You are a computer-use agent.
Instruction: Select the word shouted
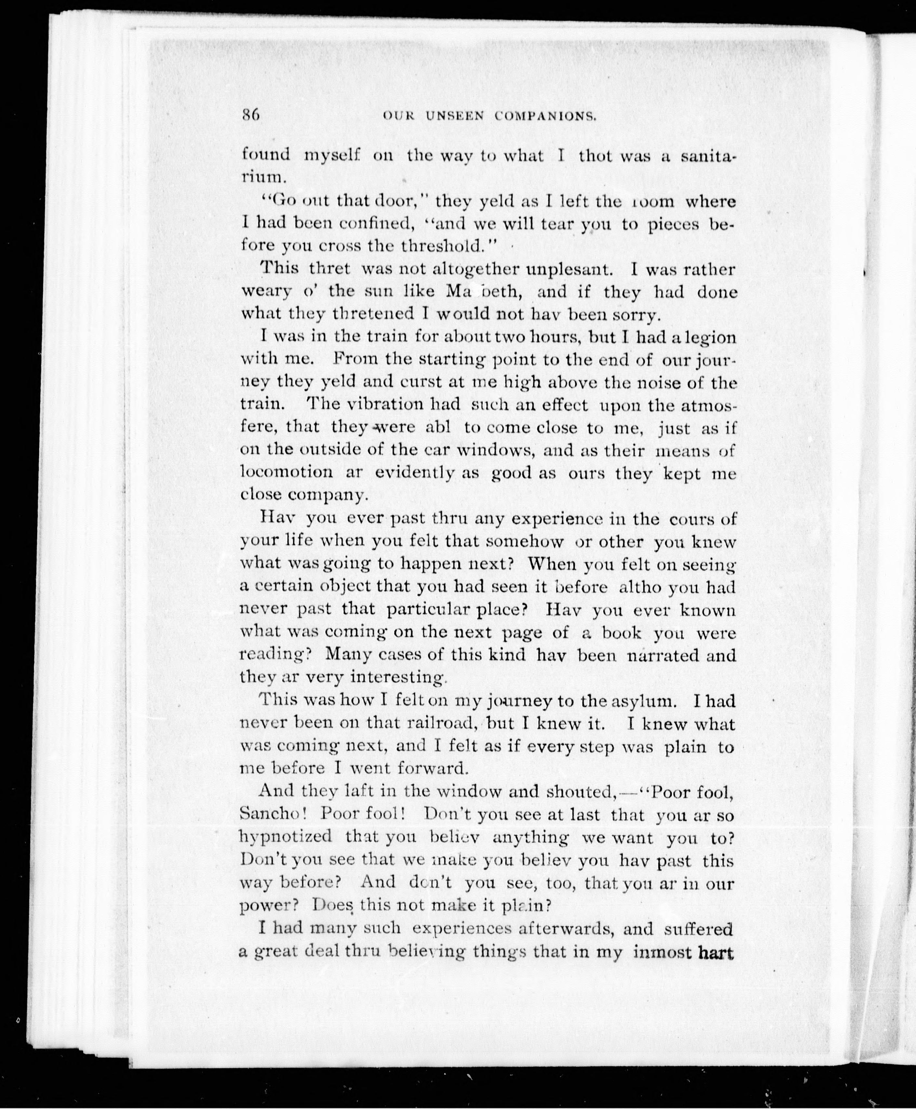tap(578, 792)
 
